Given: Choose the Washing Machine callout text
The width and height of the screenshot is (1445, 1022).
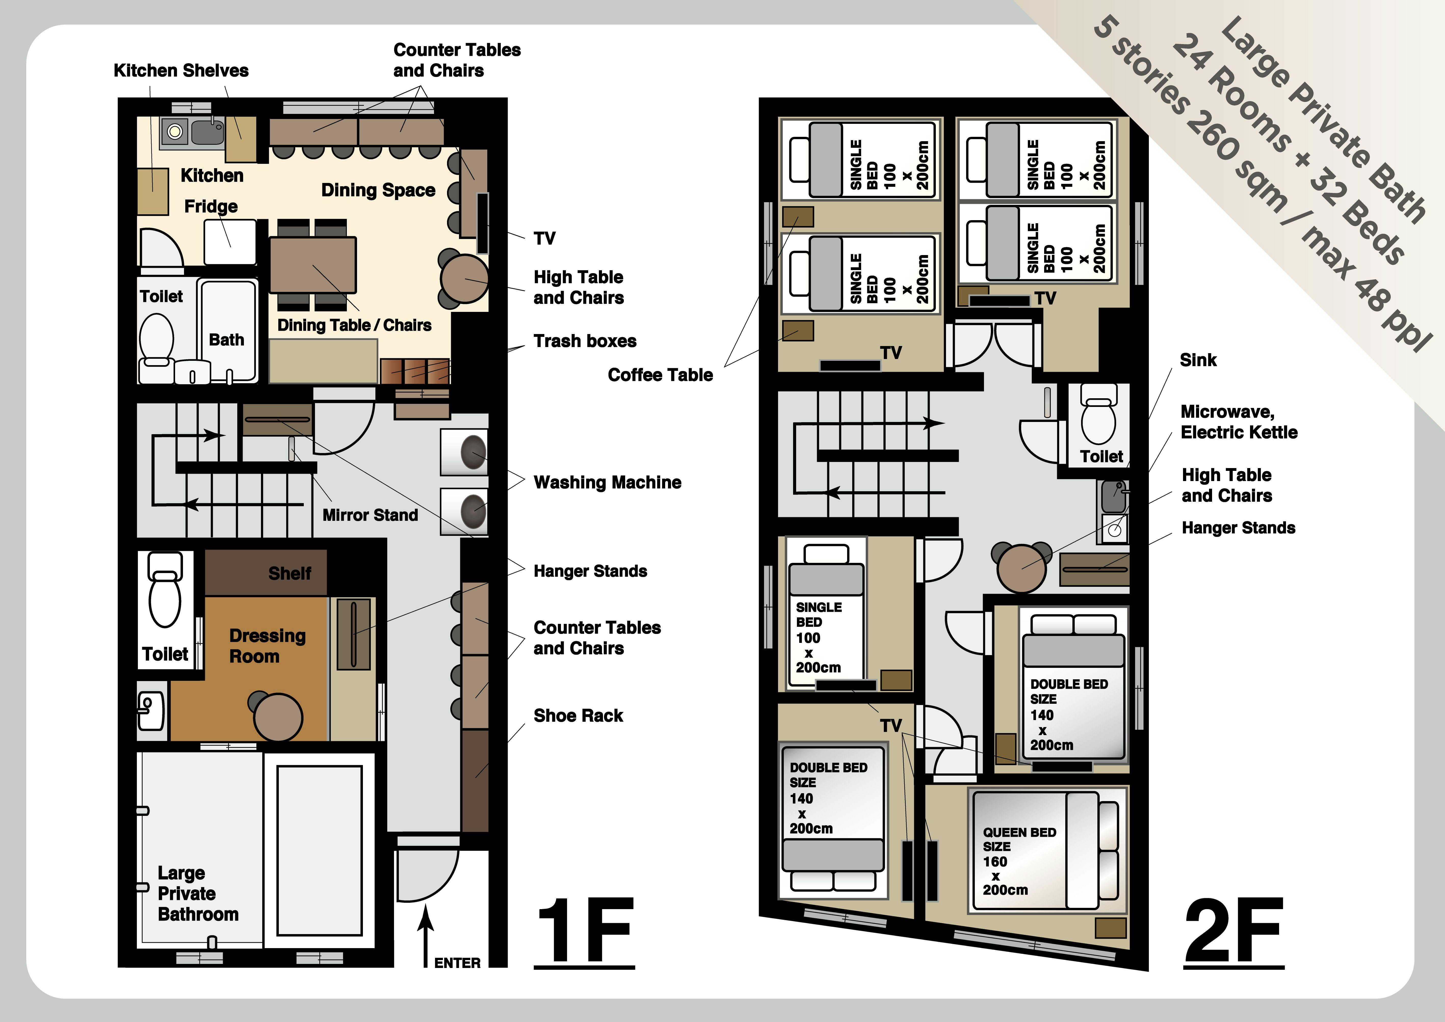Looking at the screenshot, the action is click(607, 483).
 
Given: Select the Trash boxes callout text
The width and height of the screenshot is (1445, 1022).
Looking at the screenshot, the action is click(585, 341).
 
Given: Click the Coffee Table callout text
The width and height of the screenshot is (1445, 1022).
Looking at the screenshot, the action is click(660, 375).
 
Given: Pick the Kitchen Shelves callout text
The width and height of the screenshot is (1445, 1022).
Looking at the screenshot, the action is click(181, 71).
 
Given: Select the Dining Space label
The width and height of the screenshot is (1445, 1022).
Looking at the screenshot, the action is click(378, 190).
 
